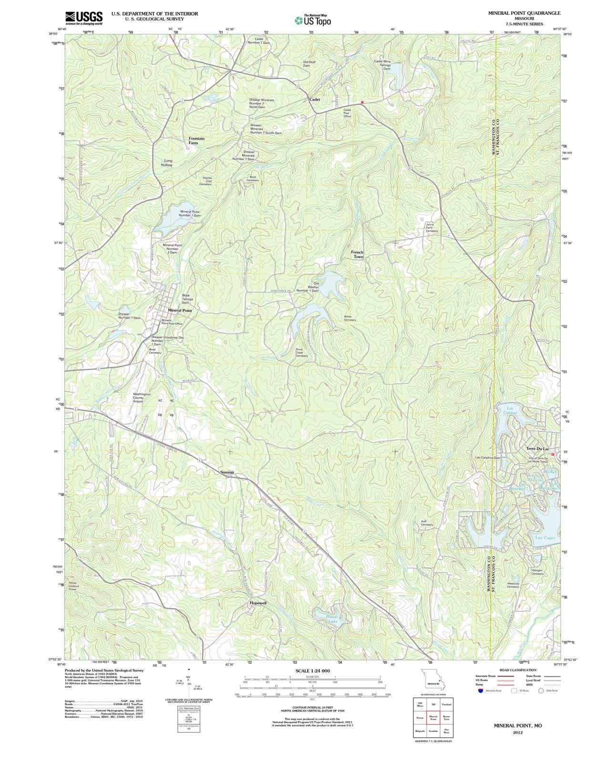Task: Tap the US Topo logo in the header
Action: click(x=313, y=21)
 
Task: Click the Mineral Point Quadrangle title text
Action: click(x=524, y=13)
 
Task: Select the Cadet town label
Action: click(x=315, y=99)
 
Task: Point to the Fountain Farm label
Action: click(x=196, y=141)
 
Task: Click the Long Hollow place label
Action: click(x=167, y=163)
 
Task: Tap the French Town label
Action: click(x=358, y=254)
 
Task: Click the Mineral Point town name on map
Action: click(x=180, y=310)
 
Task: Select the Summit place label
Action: click(x=227, y=472)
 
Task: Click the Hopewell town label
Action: click(x=258, y=603)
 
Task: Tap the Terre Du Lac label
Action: click(x=538, y=449)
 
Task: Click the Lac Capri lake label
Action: click(x=544, y=537)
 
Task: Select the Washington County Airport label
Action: click(x=142, y=398)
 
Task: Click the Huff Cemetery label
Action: click(x=427, y=523)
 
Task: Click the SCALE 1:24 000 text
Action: click(x=312, y=670)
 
